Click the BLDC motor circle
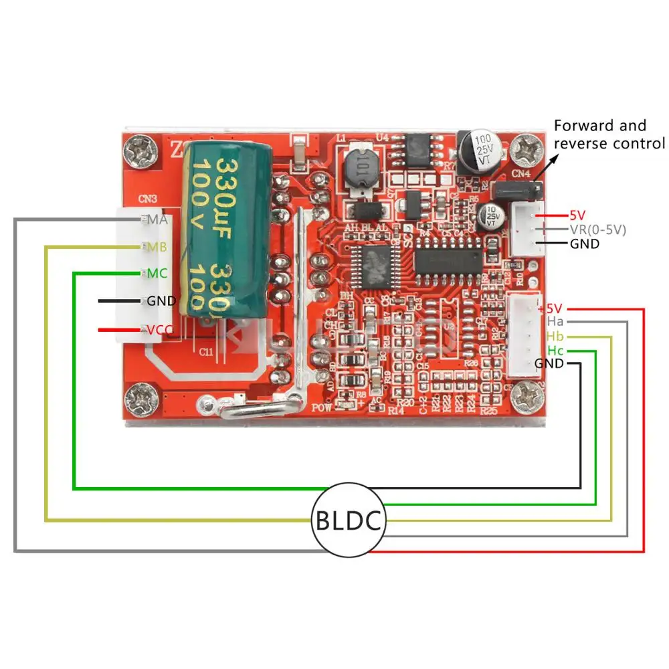coord(349,520)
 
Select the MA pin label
coord(157,219)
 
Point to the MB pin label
coord(157,247)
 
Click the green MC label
coord(157,274)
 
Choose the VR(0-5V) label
coord(597,229)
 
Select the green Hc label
coord(555,350)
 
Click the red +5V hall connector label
coord(551,308)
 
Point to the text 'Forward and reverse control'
coord(609,134)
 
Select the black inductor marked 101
coord(361,170)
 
